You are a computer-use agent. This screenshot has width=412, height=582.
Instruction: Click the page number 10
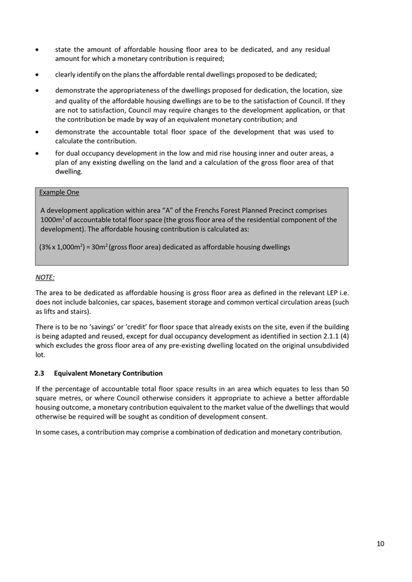point(380,544)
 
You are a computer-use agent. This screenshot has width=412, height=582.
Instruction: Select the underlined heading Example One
point(59,193)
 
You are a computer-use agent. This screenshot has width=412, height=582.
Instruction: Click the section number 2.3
point(40,373)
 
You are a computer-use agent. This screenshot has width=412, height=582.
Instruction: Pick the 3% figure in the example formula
point(46,247)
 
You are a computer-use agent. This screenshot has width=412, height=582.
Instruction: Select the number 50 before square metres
point(345,389)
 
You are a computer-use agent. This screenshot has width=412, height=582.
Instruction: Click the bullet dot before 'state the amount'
point(38,49)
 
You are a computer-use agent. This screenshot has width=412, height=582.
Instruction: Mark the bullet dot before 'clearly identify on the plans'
point(38,75)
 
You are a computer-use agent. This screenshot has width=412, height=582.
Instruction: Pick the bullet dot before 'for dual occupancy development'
point(38,154)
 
